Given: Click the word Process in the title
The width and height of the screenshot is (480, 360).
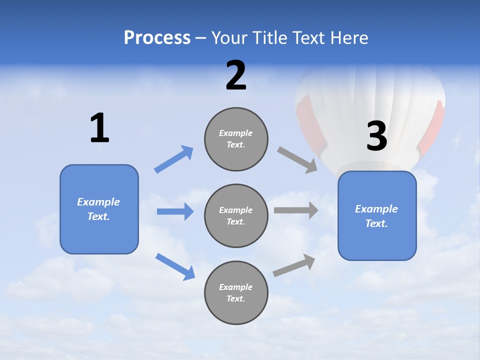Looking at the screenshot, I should pos(157,38).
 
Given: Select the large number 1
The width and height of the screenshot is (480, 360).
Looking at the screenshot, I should pos(99,128).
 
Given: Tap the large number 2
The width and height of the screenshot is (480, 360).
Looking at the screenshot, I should pos(236,75).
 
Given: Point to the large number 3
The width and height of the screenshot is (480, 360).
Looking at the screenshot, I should pos(377,136).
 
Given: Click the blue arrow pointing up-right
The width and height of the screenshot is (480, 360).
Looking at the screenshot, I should pos(174,159).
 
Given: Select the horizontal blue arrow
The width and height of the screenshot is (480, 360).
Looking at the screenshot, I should pos(175,211).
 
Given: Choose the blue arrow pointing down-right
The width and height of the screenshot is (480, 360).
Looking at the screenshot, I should pos(175,266).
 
